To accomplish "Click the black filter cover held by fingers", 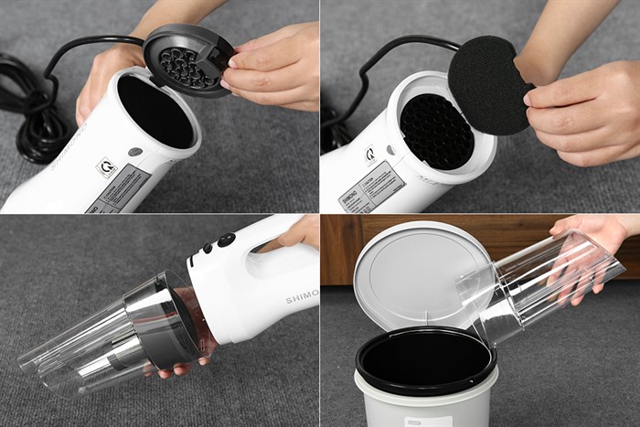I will tap(187, 59).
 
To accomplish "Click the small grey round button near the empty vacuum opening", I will tap(135, 152).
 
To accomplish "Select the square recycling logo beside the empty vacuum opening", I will tap(106, 167).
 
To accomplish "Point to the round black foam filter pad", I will tap(488, 85).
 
